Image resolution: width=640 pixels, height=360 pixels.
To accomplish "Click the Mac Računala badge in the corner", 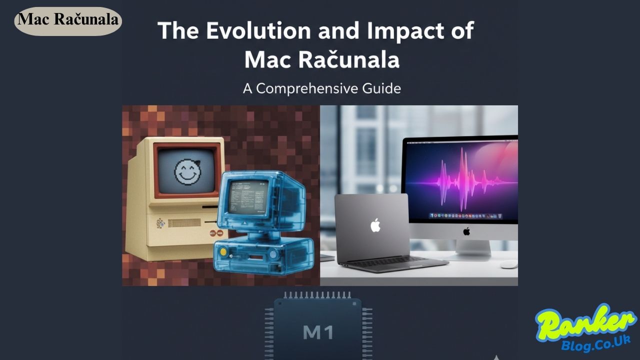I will pyautogui.click(x=68, y=20).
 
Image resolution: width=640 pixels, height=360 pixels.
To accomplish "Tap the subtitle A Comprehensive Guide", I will pyautogui.click(x=321, y=88).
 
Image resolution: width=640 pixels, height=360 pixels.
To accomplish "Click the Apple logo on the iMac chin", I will pyautogui.click(x=466, y=231).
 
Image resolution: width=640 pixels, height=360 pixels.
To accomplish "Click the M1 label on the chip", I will pyautogui.click(x=318, y=332).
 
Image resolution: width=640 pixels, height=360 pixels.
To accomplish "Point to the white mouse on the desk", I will pyautogui.click(x=508, y=264).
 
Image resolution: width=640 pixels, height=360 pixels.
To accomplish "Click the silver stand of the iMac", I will pyautogui.click(x=467, y=249).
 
